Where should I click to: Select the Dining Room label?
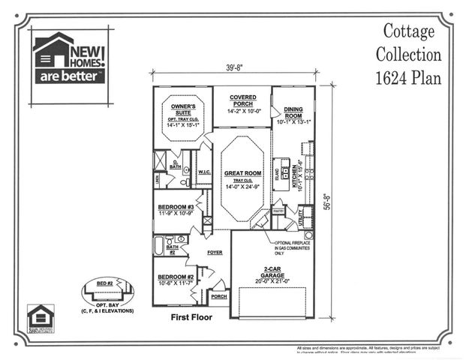293,112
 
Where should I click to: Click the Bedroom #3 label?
176,206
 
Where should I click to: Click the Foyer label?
215,253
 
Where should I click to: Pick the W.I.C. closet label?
204,172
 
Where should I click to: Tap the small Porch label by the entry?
219,296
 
